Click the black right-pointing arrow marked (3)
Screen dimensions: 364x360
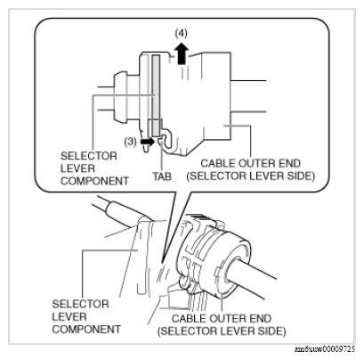click(x=148, y=142)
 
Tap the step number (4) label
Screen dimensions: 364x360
click(x=181, y=34)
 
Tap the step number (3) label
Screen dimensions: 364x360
click(x=130, y=142)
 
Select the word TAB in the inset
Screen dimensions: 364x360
click(x=162, y=176)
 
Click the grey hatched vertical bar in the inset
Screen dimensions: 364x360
click(x=156, y=94)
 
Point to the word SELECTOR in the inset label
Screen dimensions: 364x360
click(x=89, y=156)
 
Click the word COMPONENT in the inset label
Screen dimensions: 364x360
click(x=94, y=181)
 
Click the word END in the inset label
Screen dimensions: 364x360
click(x=289, y=163)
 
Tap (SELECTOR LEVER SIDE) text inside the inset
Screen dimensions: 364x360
click(x=250, y=176)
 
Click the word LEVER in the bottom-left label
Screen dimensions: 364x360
click(x=69, y=317)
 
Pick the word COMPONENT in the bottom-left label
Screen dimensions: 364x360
click(x=86, y=330)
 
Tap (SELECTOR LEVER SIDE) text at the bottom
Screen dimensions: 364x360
click(x=222, y=331)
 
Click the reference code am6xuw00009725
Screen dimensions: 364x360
click(x=325, y=349)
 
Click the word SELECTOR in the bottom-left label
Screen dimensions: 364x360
click(x=81, y=305)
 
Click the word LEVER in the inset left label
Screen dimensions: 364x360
click(x=77, y=168)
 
